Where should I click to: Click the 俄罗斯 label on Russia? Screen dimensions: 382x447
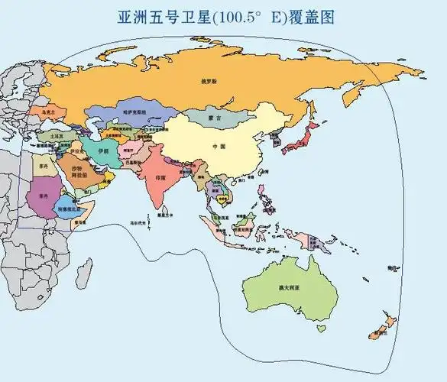[x=209, y=79]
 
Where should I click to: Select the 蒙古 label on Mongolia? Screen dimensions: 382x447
[x=214, y=119]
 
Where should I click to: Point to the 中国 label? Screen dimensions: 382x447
[x=219, y=147]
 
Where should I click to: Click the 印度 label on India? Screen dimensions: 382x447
[x=160, y=176]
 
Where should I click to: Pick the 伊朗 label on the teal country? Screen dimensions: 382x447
[x=104, y=152]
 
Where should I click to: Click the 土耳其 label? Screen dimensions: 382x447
[x=56, y=135]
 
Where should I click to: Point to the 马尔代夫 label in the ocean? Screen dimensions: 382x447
[x=138, y=222]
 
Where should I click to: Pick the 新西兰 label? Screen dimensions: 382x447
[x=376, y=334]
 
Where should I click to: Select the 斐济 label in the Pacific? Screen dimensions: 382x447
[x=392, y=268]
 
